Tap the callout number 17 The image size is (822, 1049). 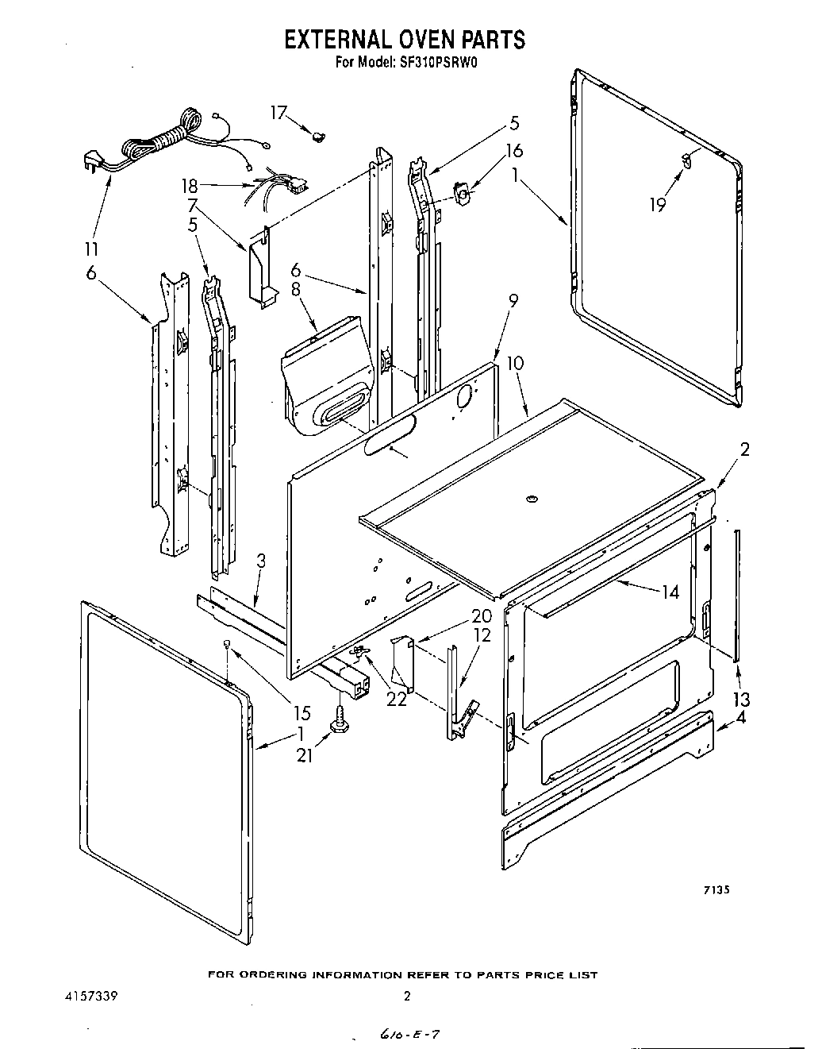point(278,113)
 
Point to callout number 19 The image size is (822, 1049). point(657,205)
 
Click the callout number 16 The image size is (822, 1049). point(514,151)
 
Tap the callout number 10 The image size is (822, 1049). point(515,363)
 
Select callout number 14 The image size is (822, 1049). point(670,592)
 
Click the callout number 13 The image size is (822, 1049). point(742,699)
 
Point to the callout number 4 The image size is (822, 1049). point(740,719)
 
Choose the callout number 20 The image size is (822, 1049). point(481,615)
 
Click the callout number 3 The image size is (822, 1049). point(261,561)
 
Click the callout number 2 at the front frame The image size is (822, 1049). point(744,449)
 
